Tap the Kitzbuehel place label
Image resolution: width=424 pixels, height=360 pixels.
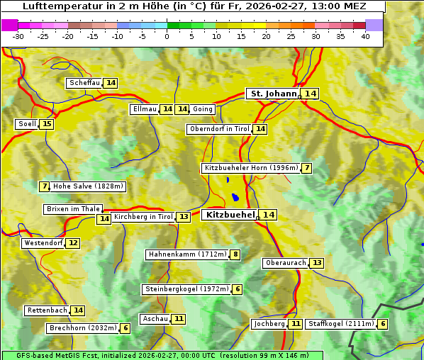(x=230, y=215)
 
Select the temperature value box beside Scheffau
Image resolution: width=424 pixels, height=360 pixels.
(x=111, y=83)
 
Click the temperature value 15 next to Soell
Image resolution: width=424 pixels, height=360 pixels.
(x=47, y=124)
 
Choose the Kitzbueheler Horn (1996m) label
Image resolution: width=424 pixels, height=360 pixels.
(x=250, y=168)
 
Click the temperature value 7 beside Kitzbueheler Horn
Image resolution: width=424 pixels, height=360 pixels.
(x=306, y=168)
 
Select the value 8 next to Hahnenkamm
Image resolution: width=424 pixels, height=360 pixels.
(x=235, y=254)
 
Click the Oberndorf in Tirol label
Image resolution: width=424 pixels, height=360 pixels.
(x=220, y=129)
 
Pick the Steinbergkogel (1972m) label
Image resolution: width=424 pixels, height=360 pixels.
(x=186, y=289)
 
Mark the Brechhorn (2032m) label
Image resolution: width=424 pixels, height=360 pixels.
(x=83, y=328)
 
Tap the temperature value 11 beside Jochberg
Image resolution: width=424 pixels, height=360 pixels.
(x=296, y=324)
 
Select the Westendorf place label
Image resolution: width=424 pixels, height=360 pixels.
(x=43, y=243)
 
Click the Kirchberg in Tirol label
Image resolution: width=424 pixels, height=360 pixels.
(x=143, y=217)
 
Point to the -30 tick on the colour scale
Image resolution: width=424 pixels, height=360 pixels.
(x=18, y=36)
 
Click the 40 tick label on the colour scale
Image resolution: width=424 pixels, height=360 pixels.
(x=365, y=36)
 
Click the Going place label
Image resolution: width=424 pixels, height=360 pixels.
(x=203, y=109)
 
